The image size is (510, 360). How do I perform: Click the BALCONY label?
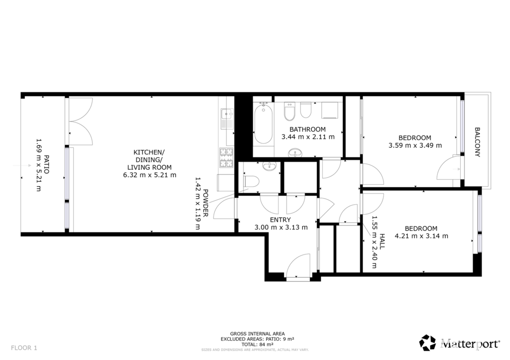477,142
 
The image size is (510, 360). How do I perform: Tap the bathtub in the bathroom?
263,123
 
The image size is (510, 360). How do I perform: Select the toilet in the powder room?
251,181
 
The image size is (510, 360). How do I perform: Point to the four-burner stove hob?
227,158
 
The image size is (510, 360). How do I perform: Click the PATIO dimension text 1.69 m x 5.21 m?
38,165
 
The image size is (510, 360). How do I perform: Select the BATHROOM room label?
308,129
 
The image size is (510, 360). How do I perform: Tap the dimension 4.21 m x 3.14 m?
421,236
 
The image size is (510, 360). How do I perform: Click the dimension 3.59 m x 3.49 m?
415,145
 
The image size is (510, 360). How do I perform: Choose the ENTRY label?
280,220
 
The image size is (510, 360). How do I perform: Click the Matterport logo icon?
427,343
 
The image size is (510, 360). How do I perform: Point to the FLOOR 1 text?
24,348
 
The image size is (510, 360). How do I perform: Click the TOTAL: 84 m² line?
257,345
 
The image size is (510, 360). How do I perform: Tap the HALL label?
382,241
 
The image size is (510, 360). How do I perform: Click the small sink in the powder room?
269,167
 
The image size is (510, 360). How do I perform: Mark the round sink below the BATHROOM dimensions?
295,152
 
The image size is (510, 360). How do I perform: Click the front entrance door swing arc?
298,265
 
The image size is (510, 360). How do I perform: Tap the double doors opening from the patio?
81,121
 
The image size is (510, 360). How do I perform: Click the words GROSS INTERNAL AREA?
257,334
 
